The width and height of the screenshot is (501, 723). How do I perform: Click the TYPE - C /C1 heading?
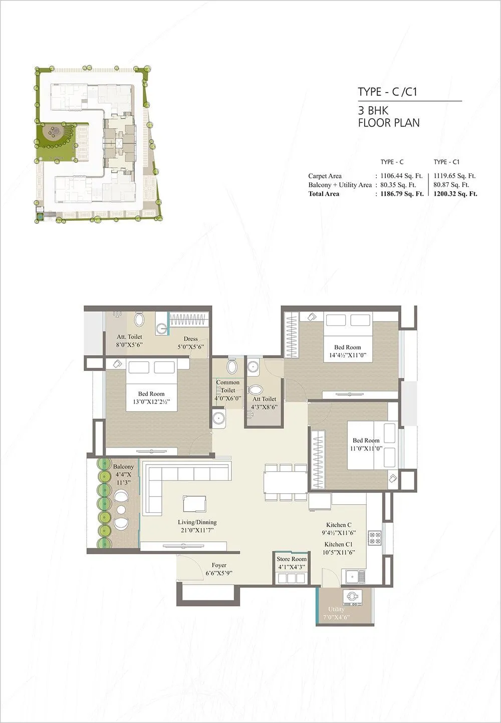point(387,92)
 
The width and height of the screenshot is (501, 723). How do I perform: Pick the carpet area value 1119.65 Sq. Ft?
point(454,176)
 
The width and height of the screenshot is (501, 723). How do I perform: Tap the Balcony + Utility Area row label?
point(340,185)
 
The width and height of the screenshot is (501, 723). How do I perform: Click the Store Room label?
point(291,559)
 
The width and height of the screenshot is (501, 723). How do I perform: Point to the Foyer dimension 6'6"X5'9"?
point(219,573)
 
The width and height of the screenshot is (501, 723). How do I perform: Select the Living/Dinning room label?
point(197,522)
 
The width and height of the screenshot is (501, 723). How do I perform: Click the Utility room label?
point(336,609)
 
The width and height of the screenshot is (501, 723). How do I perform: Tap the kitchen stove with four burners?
point(374,538)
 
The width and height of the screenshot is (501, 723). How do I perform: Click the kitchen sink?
point(355,576)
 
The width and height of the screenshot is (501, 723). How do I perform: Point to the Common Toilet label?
point(227,386)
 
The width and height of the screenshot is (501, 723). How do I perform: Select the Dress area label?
point(190,339)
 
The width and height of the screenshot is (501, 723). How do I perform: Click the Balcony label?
point(123,467)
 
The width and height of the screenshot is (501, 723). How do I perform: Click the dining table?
point(286,482)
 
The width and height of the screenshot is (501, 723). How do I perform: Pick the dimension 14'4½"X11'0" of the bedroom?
point(348,355)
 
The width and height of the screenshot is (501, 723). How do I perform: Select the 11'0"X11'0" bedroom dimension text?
point(366,449)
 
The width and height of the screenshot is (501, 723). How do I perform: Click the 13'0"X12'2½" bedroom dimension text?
point(151,402)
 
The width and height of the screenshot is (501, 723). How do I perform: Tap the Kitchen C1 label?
point(338,544)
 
